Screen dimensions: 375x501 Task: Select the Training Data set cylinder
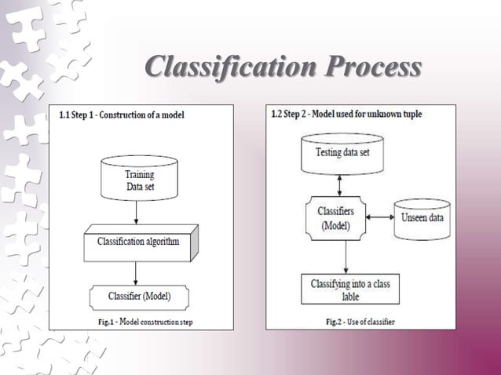point(139,179)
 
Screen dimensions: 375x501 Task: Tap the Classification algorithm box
point(138,242)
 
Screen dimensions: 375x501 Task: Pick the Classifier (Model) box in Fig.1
point(138,297)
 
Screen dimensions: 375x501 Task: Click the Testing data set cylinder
point(342,153)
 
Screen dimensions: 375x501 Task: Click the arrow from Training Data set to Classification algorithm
point(137,211)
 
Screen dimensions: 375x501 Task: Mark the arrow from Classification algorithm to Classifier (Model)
point(137,271)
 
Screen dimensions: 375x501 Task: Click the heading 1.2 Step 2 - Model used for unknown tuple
point(346,115)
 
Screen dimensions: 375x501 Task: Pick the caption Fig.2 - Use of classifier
point(360,322)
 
